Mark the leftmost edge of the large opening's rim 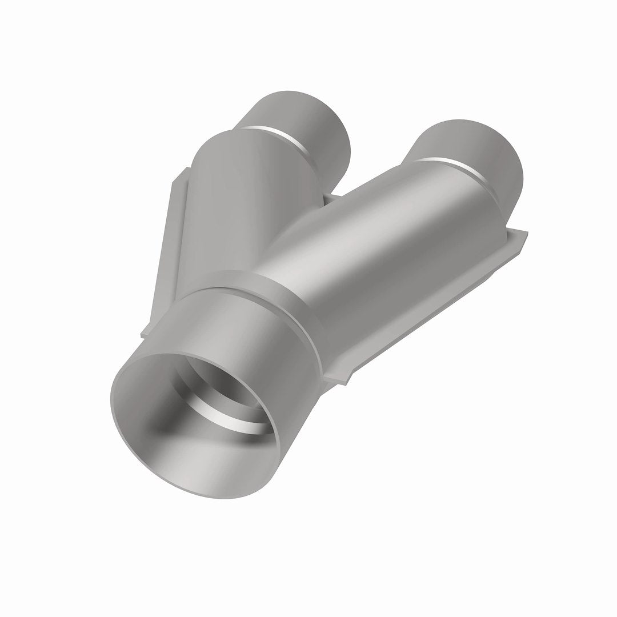coord(110,400)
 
